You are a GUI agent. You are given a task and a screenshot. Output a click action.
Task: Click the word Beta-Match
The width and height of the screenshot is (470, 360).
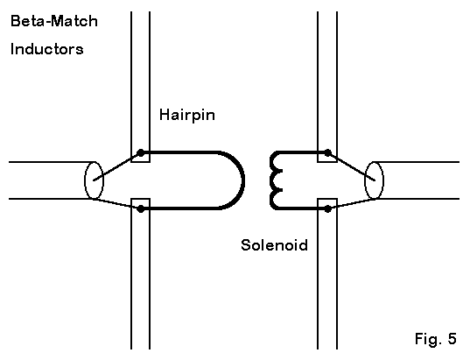[x=54, y=21]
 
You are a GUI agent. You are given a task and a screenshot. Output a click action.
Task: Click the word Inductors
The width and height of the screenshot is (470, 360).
[x=46, y=49]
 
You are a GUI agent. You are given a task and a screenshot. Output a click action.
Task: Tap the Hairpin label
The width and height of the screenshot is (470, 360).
[x=187, y=115]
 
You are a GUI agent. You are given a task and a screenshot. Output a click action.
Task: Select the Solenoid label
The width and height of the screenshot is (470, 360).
[x=274, y=244]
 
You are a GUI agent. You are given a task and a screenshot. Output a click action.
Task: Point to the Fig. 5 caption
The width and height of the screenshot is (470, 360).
[x=436, y=339]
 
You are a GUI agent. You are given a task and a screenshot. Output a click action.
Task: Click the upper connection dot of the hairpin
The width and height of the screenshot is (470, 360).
[x=140, y=153]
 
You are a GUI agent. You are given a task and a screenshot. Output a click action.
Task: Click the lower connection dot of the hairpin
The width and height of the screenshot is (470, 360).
[x=140, y=208]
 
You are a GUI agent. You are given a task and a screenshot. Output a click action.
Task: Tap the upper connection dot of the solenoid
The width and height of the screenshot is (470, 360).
[x=328, y=153]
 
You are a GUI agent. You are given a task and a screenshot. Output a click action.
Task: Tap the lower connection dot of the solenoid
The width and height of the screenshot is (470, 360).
[x=328, y=208]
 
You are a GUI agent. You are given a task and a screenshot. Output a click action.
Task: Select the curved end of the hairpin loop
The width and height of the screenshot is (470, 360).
[x=243, y=180]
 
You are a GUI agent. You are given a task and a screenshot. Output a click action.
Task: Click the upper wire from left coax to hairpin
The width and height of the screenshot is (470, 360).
[x=117, y=166]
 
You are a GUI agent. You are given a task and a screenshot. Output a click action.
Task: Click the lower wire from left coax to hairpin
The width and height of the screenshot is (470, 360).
[x=117, y=204]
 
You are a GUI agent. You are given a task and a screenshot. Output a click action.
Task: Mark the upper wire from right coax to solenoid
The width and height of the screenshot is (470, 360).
[x=351, y=166]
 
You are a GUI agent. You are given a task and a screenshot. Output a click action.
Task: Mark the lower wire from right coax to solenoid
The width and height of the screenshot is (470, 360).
[x=351, y=204]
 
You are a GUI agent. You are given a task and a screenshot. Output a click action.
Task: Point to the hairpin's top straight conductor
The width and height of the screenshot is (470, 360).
[x=179, y=152]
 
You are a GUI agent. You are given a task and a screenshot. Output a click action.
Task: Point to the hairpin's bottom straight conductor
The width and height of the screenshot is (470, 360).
[x=179, y=208]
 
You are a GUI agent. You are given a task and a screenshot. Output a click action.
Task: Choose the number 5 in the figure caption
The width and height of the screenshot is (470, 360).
[x=452, y=338]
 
